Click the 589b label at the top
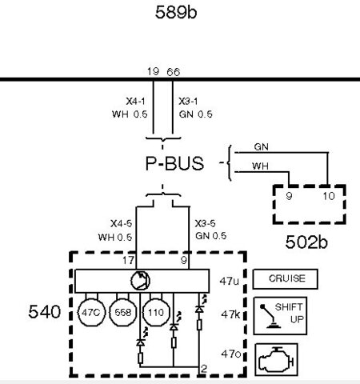[181, 13]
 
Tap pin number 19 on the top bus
[153, 72]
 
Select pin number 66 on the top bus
[173, 72]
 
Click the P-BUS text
[174, 164]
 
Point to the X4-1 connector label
[135, 102]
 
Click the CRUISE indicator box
[284, 279]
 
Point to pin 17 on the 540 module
[128, 259]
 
